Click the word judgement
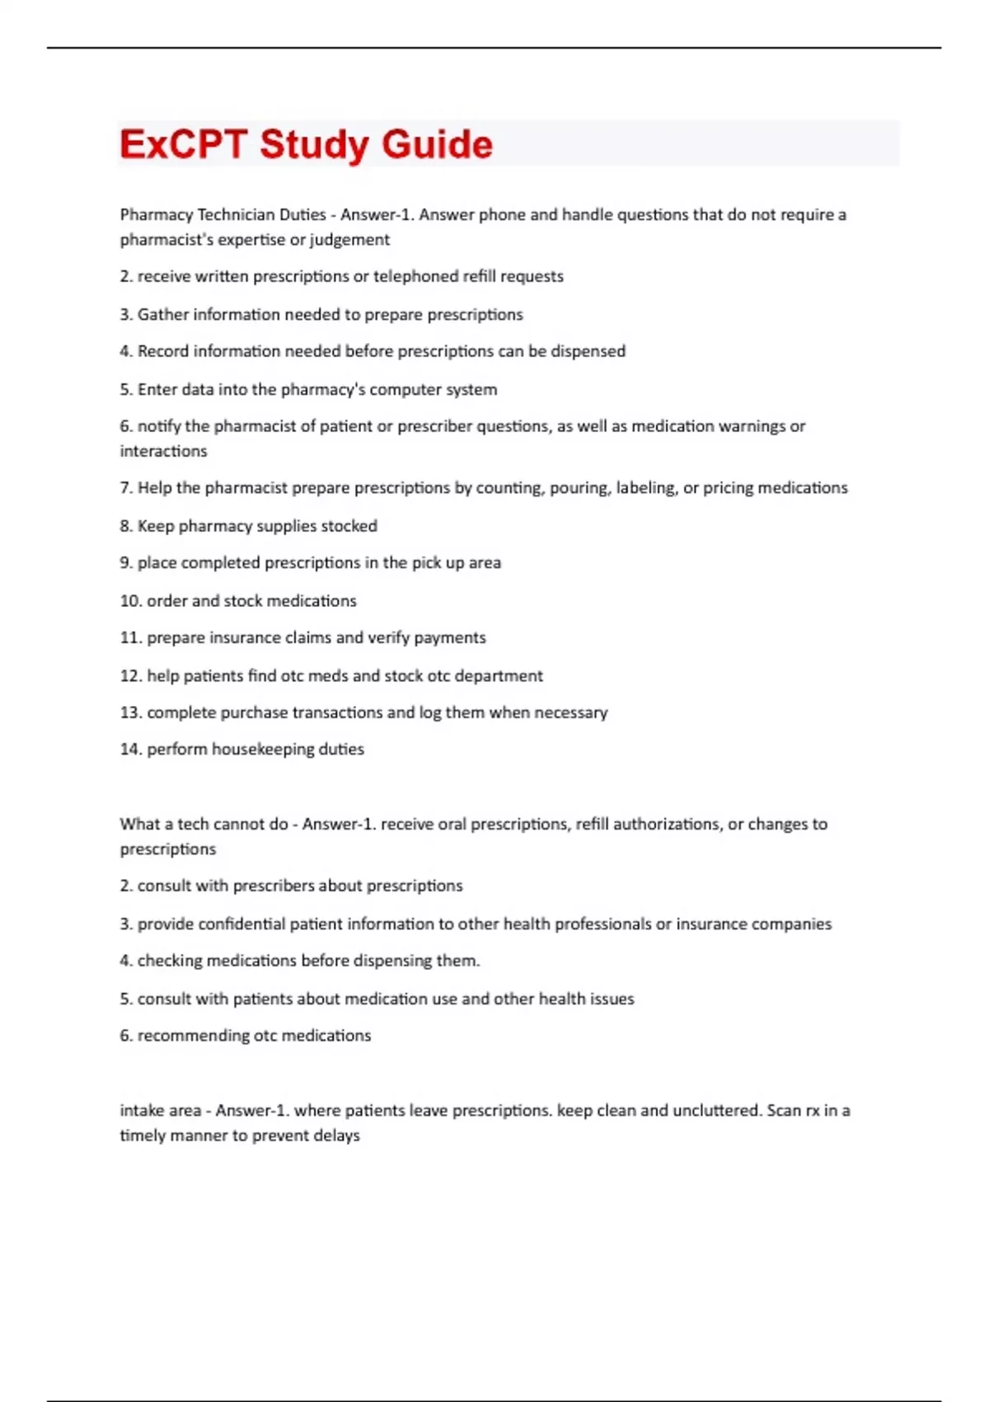click(x=350, y=240)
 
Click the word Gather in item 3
click(x=163, y=315)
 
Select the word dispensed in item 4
click(x=588, y=351)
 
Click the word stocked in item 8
click(x=349, y=526)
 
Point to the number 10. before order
click(x=131, y=601)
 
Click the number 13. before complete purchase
click(x=131, y=713)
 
